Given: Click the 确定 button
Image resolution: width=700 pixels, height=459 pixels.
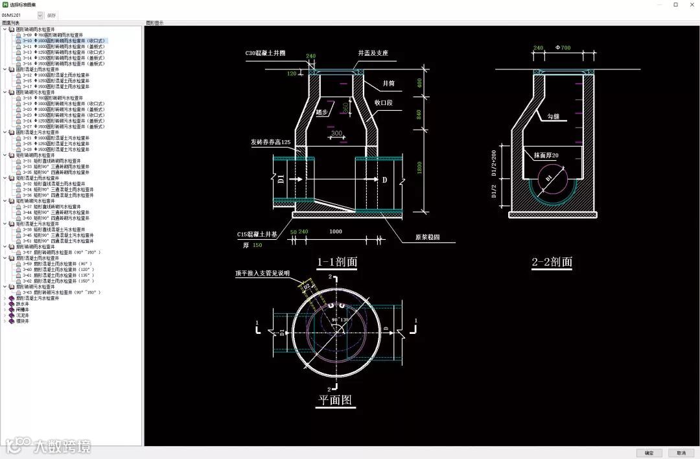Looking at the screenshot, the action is pos(649,453).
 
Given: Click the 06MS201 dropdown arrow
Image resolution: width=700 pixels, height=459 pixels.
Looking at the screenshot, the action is pos(40,15).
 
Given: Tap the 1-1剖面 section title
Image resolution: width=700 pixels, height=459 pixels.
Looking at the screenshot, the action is pos(336,263).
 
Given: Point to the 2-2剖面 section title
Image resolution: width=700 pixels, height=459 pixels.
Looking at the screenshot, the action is pos(552,262).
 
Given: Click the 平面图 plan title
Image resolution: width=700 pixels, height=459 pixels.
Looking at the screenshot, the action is pos(336,401).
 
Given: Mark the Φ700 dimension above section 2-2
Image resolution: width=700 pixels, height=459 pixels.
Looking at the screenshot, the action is pos(563,48).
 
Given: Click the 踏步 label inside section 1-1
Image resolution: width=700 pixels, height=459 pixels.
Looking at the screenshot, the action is pos(321,112).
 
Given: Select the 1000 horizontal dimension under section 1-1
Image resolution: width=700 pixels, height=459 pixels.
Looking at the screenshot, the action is pos(336,231).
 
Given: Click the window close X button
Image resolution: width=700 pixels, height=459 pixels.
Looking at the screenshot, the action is pos(691,5).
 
